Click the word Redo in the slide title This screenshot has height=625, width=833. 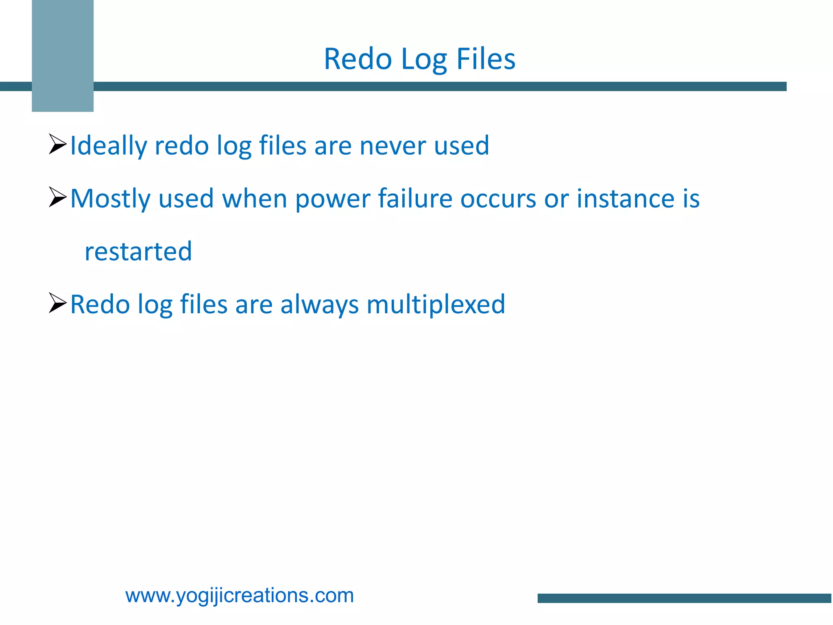click(x=358, y=59)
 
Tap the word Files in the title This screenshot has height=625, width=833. click(x=486, y=59)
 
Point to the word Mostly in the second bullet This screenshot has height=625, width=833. click(x=110, y=199)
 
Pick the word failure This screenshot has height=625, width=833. click(x=415, y=199)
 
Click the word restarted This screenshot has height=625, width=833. click(x=138, y=251)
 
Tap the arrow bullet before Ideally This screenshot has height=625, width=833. click(x=57, y=144)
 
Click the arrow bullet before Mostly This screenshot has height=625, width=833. click(x=57, y=197)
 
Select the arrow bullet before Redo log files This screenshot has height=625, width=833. click(x=57, y=303)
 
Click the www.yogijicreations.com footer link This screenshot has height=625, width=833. click(x=240, y=595)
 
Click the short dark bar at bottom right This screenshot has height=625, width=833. click(x=684, y=598)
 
